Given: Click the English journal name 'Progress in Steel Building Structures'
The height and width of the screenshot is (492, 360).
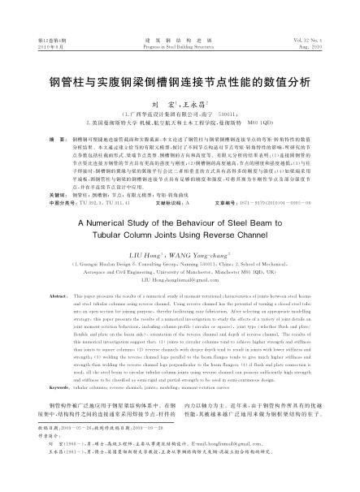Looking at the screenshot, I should [x=179, y=45].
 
